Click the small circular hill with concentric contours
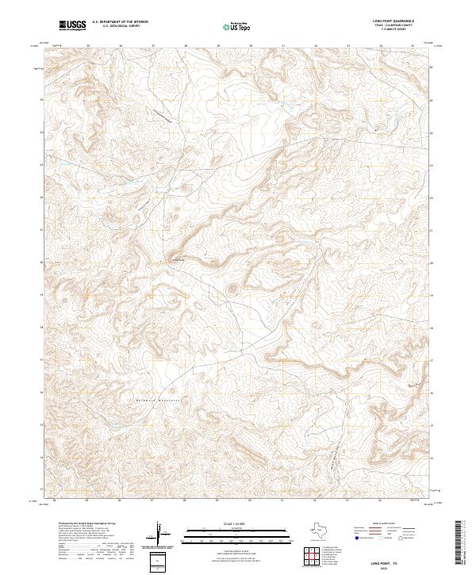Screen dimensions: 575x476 coord(233,289)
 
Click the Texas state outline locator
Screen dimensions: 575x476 coord(324,529)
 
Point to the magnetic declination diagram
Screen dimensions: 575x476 coord(159,538)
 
